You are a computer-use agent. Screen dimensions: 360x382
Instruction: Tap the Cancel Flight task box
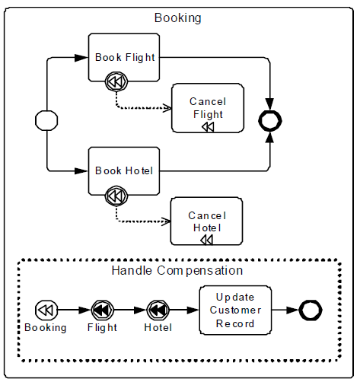[208, 108]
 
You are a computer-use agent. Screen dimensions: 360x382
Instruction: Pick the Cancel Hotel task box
[206, 221]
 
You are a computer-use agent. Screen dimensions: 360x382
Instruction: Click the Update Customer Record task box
[235, 310]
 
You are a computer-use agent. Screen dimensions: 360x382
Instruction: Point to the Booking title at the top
[177, 18]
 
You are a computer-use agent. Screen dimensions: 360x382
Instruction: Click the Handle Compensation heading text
[177, 270]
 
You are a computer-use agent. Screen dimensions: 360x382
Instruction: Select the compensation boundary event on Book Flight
[116, 81]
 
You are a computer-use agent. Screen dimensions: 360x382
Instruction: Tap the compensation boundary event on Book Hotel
[116, 196]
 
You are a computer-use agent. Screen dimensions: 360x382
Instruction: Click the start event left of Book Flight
[46, 120]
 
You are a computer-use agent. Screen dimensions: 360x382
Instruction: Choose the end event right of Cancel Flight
[270, 121]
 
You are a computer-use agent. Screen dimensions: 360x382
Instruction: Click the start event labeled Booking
[46, 310]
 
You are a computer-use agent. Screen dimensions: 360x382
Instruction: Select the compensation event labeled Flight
[102, 310]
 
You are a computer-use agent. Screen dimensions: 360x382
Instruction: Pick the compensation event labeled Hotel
[158, 310]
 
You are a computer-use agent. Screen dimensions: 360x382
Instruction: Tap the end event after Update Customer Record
[311, 310]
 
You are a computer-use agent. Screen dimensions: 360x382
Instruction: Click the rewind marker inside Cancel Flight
[208, 126]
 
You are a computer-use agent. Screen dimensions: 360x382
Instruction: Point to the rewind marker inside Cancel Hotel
[207, 240]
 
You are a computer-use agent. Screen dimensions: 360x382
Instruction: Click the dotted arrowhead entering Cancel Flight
[167, 108]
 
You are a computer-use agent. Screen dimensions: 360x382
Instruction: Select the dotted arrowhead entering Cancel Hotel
[167, 221]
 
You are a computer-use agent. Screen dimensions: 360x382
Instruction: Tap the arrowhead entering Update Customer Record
[193, 310]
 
